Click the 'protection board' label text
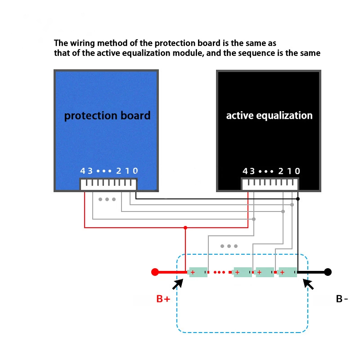pyautogui.click(x=107, y=116)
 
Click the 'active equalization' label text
pyautogui.click(x=269, y=116)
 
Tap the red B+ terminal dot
pyautogui.click(x=155, y=272)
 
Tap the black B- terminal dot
pyautogui.click(x=328, y=272)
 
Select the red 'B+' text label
pyautogui.click(x=163, y=299)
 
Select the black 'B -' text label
pyautogui.click(x=342, y=299)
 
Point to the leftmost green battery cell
pyautogui.click(x=198, y=272)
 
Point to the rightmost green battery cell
pyautogui.click(x=288, y=272)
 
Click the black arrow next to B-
pyautogui.click(x=309, y=283)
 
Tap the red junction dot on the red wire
pyautogui.click(x=184, y=227)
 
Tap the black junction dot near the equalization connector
pyautogui.click(x=298, y=198)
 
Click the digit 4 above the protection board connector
pyautogui.click(x=83, y=171)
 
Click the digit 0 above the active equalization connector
pyautogui.click(x=297, y=171)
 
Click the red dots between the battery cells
pyautogui.click(x=220, y=272)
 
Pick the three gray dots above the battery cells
pyautogui.click(x=229, y=246)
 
